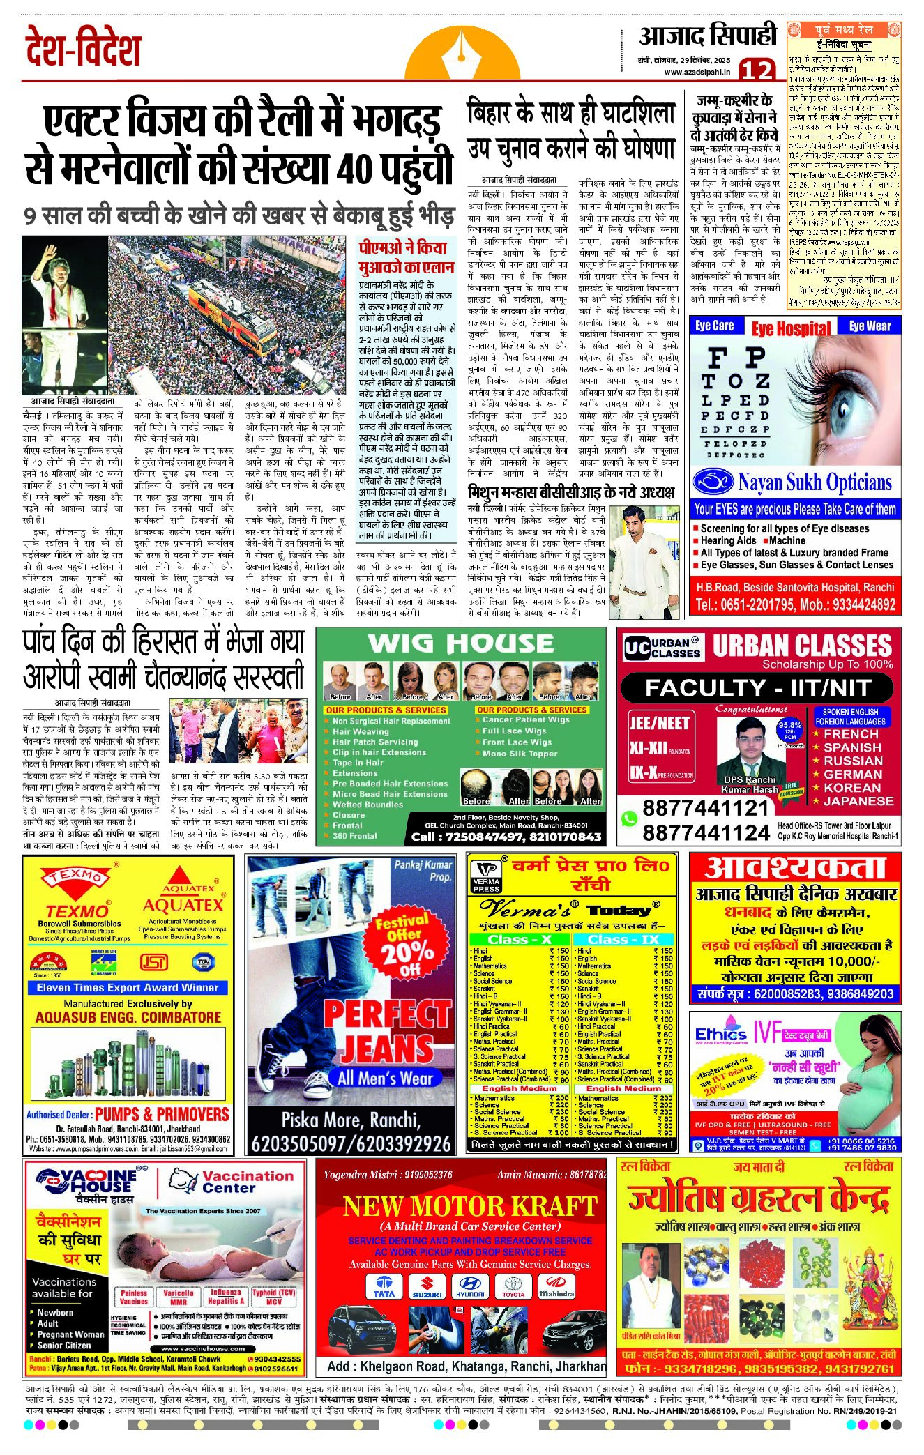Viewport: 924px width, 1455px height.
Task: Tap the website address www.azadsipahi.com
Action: (697, 72)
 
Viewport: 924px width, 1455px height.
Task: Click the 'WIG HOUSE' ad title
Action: (461, 643)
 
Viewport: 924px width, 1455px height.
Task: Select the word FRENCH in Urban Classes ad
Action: (851, 734)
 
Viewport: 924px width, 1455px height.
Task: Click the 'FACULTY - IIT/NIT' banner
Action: (757, 687)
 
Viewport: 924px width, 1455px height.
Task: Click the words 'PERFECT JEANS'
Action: (387, 1030)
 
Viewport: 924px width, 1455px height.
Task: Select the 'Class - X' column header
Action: (520, 939)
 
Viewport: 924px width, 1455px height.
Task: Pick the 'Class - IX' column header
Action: (623, 939)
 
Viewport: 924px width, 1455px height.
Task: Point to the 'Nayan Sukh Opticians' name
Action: (815, 482)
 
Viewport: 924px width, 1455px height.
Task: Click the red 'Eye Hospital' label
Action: (792, 328)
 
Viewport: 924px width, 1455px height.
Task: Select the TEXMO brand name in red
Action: (77, 911)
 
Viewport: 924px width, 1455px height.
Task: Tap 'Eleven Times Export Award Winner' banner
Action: (128, 988)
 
